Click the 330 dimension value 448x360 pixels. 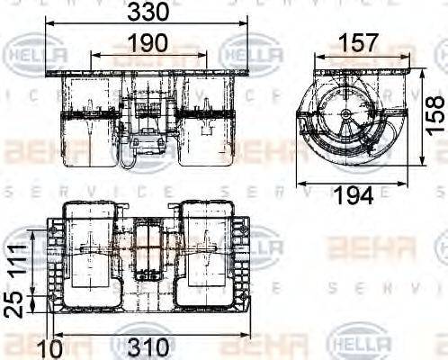(x=146, y=13)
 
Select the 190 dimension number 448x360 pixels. (x=146, y=43)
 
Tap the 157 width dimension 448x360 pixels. (x=359, y=43)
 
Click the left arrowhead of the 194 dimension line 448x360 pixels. (x=300, y=183)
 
